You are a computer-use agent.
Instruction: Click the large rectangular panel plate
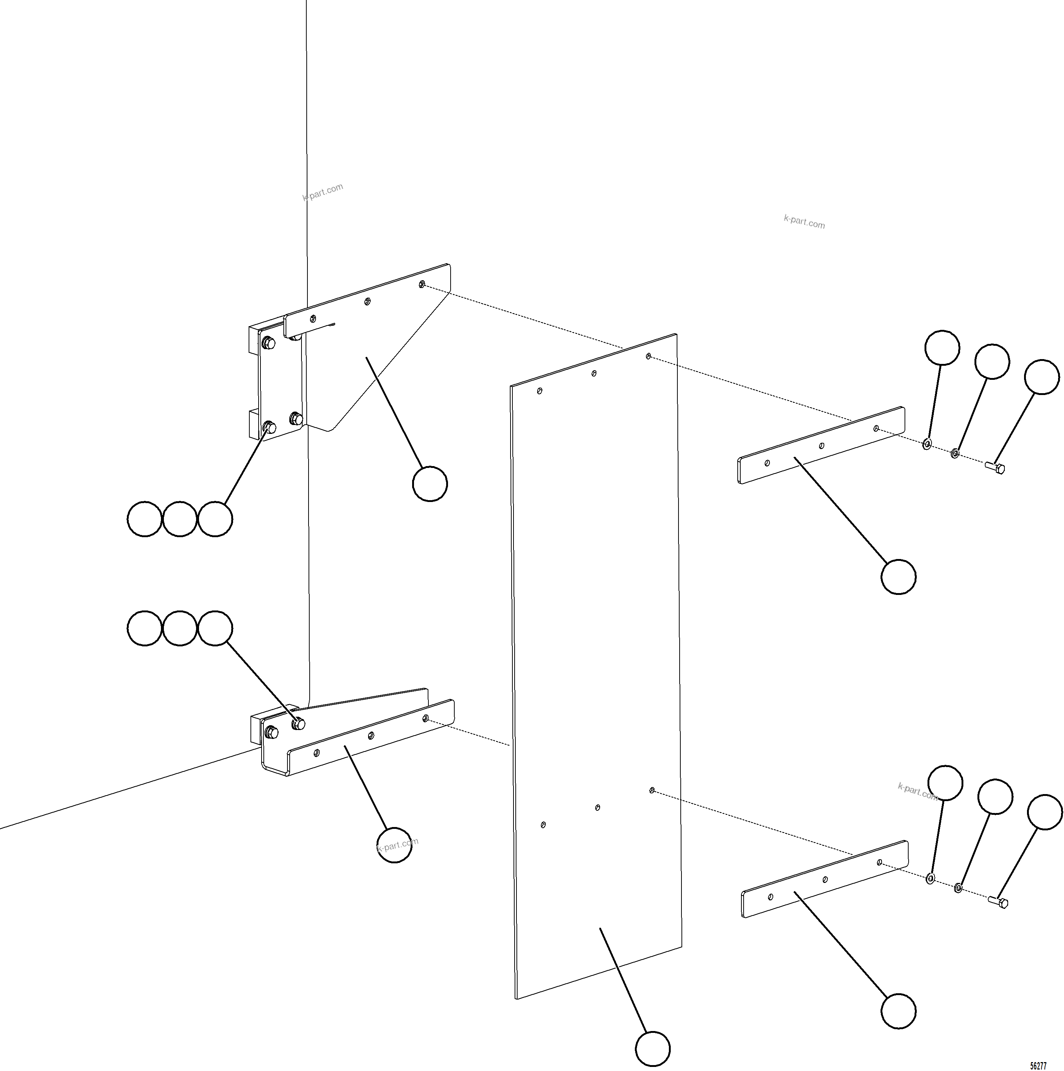pos(596,673)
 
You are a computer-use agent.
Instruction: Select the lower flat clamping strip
pos(825,879)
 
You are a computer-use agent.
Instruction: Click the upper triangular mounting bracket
pos(354,355)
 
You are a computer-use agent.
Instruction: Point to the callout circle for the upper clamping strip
pos(898,577)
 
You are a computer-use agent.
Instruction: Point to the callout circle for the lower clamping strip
pos(898,1012)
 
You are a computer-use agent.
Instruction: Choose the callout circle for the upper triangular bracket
pos(430,484)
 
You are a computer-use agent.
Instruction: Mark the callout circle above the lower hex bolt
pos(1045,812)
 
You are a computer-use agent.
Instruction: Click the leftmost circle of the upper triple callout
pos(145,519)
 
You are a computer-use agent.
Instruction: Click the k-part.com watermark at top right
pos(804,222)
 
